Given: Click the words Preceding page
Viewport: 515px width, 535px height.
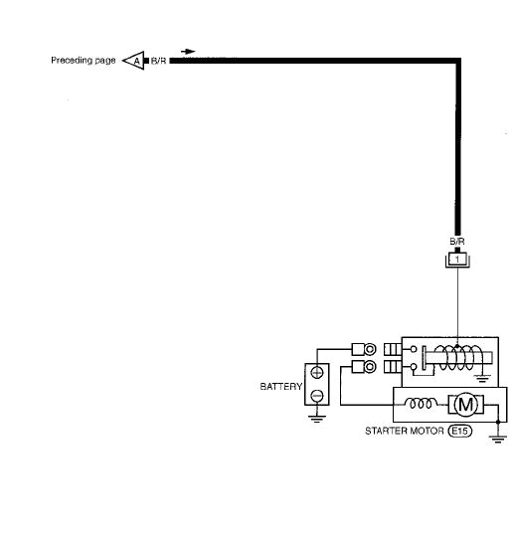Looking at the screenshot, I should [x=84, y=61].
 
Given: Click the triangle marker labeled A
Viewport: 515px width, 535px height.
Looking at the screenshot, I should [x=132, y=61].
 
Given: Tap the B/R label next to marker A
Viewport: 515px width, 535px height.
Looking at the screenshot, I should [x=159, y=61].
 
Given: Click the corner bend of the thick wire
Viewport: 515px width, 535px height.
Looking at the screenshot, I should [x=456, y=62].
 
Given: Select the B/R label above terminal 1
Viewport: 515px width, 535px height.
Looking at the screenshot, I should [x=457, y=241].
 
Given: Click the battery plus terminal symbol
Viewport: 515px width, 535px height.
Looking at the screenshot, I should [x=317, y=372].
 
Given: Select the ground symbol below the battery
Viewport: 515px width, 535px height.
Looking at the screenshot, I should [x=317, y=418].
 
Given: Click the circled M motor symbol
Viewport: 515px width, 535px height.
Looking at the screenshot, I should [x=463, y=404].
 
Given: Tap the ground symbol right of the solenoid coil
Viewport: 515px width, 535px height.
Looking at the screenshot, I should [x=483, y=376].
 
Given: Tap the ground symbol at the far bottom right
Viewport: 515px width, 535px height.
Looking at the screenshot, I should [x=498, y=439].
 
